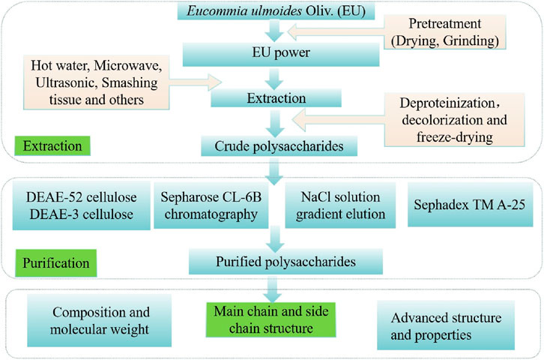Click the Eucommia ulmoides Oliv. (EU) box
[276, 11]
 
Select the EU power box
[281, 54]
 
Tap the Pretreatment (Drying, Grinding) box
[444, 32]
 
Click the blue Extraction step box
[276, 98]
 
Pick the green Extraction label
[52, 145]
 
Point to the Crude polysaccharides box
[279, 146]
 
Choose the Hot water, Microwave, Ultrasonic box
[96, 82]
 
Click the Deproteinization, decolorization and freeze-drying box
[454, 120]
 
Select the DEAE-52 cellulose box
[81, 205]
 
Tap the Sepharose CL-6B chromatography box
[211, 205]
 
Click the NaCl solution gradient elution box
[340, 205]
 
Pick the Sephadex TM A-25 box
[470, 205]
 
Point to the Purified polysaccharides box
[285, 262]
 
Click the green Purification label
[56, 262]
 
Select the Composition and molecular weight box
[99, 320]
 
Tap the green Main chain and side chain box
[271, 319]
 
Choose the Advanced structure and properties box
[446, 325]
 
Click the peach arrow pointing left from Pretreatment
[336, 32]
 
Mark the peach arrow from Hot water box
[196, 82]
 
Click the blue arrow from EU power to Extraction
[274, 79]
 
